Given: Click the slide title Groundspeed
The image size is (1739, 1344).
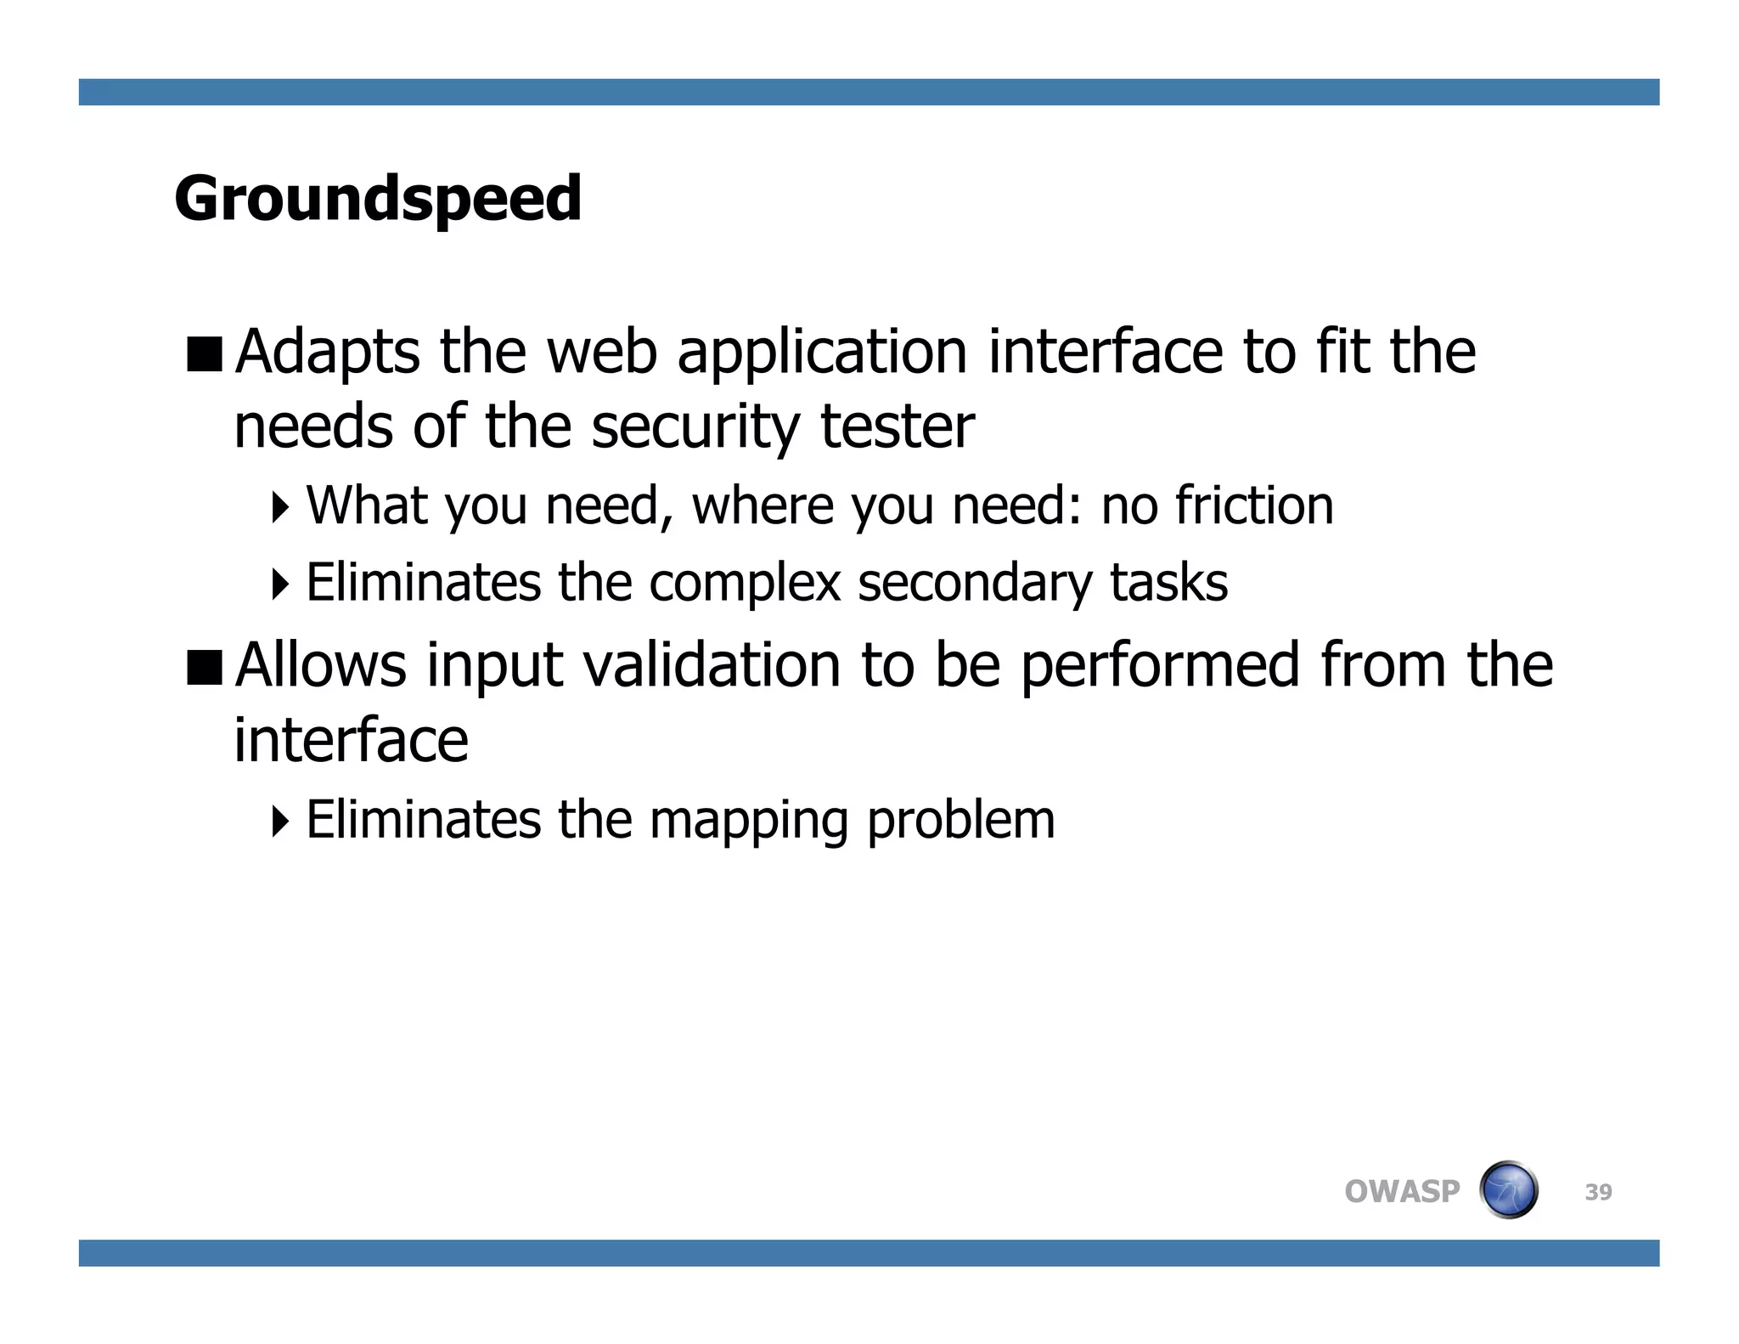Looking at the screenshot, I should tap(378, 198).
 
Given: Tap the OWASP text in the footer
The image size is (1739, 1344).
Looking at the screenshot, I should tap(1402, 1192).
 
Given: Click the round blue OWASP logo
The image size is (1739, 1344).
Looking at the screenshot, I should tap(1508, 1190).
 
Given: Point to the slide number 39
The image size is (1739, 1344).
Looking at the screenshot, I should tap(1598, 1193).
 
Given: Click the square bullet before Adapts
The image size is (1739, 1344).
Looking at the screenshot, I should tap(204, 354).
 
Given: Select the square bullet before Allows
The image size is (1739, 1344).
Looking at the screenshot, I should tap(204, 667).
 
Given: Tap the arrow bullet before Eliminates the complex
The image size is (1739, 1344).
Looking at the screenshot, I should tap(280, 584).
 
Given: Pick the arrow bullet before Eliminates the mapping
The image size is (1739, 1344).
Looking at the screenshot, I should tap(280, 821).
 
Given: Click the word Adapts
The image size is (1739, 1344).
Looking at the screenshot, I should tap(327, 353).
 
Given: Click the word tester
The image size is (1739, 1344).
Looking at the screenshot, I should tap(898, 427).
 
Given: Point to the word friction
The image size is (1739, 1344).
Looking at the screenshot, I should tap(1254, 505).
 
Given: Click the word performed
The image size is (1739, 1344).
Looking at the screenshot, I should tap(1160, 667).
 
